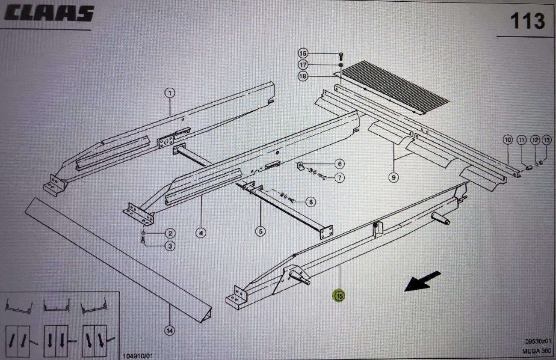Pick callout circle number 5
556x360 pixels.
pos(260,231)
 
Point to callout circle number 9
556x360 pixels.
pos(394,177)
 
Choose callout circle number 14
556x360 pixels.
pos(169,330)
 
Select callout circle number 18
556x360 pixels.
pos(303,76)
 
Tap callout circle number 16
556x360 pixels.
pos(303,54)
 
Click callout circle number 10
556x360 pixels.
pos(508,140)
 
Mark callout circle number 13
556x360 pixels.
pos(547,140)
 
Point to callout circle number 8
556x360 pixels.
pos(311,202)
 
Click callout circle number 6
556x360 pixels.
pos(339,164)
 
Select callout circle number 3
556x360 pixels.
pos(170,246)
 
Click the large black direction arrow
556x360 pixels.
pos(423,281)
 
